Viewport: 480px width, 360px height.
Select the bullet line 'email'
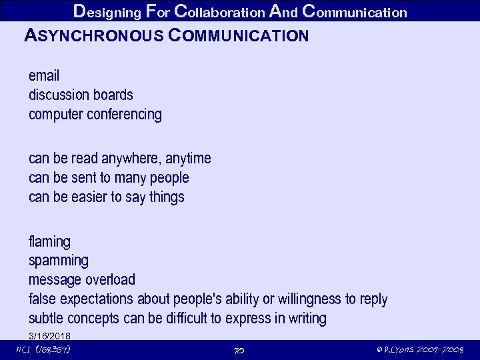(44, 75)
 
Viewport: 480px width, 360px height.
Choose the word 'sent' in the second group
(85, 177)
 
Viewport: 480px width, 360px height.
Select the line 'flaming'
(49, 241)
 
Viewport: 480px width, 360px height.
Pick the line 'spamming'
(58, 260)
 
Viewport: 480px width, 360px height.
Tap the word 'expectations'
(97, 299)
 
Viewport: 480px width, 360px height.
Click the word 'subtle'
(45, 318)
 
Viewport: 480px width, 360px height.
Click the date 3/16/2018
(49, 335)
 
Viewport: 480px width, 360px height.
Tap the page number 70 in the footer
(239, 350)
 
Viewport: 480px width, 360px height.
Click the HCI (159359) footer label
(43, 350)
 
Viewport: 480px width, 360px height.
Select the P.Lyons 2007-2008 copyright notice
(419, 350)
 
